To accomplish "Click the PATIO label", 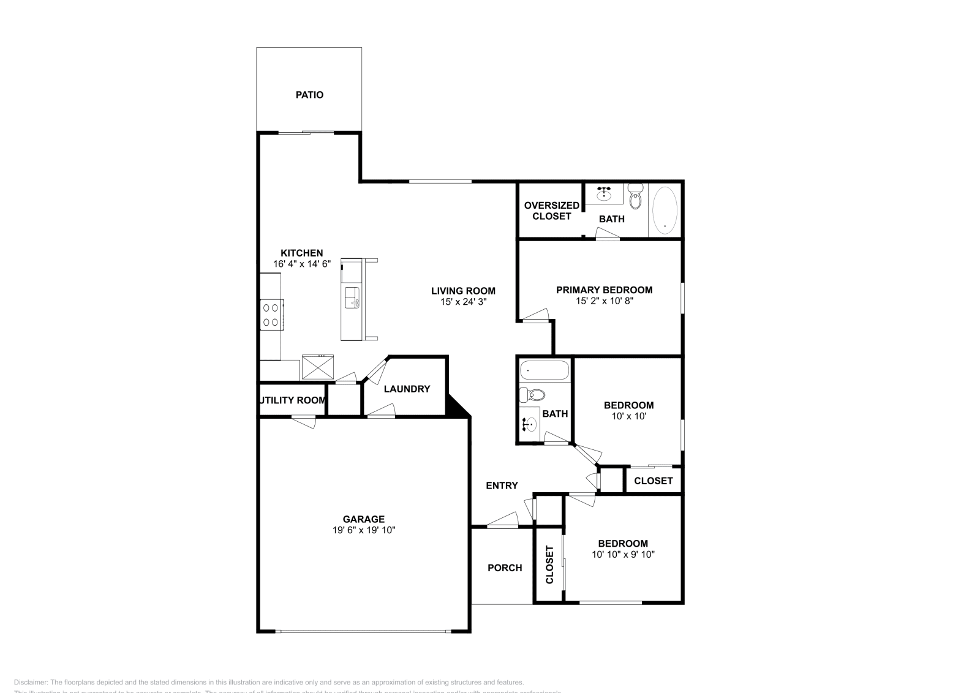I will click(309, 95).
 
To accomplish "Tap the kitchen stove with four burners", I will click(271, 315).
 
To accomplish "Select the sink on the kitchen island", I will click(352, 298).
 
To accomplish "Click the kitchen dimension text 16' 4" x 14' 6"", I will click(302, 264).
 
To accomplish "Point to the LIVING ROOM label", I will click(463, 291).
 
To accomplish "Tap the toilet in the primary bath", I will click(635, 198).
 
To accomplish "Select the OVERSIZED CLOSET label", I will click(551, 211).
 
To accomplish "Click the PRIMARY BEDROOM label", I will click(604, 290).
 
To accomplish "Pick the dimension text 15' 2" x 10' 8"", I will click(604, 301).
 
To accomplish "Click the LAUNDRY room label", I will click(407, 389).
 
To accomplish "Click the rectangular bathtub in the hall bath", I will click(544, 371).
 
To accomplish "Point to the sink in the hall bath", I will click(530, 424).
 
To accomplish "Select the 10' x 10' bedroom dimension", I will click(628, 416).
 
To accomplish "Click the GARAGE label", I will click(364, 519).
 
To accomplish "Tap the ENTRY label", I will click(502, 485).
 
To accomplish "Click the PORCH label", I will click(505, 568).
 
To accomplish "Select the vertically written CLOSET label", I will click(549, 564).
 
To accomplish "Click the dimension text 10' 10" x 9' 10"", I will click(623, 555).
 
